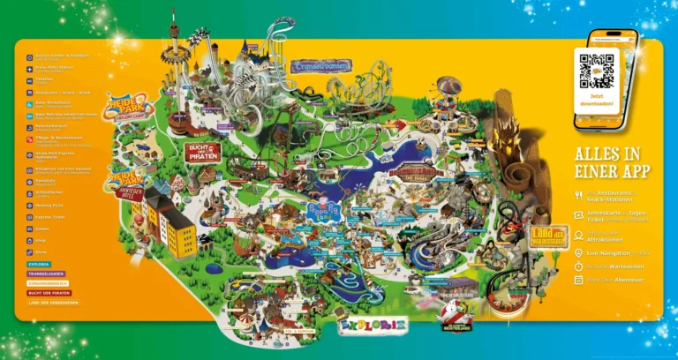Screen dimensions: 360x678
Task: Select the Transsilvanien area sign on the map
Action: [321, 65]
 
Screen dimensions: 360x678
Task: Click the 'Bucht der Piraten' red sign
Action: [202, 151]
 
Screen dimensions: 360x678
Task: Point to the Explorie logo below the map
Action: [373, 326]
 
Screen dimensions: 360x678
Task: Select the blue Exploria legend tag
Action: [40, 263]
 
